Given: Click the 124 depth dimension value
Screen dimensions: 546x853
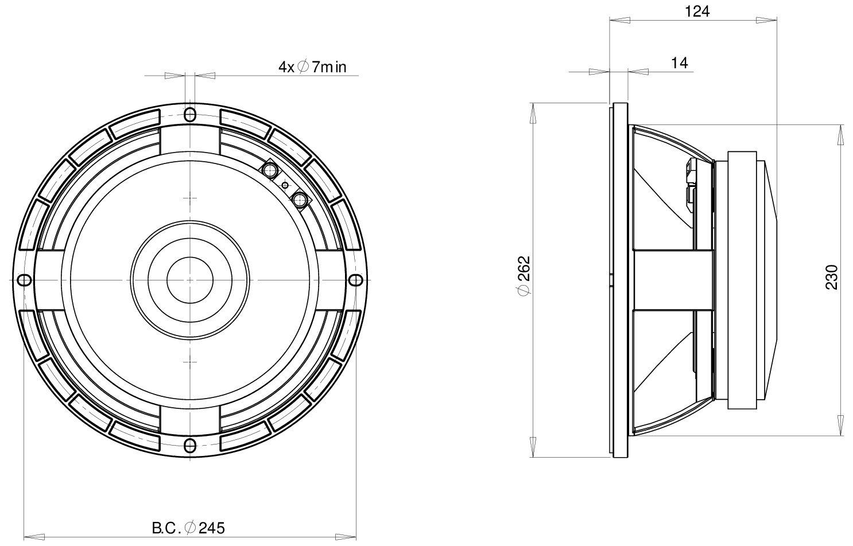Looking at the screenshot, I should (697, 11).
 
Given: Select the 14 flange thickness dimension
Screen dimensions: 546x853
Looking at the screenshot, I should (679, 63).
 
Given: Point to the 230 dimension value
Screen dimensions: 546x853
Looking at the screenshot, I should (832, 277).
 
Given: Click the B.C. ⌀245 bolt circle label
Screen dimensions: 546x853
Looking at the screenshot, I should (188, 528).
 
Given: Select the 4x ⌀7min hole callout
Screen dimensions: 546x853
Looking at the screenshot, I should (312, 67).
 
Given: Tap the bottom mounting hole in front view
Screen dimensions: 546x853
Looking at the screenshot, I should (190, 445).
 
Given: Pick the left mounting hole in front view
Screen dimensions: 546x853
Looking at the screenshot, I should (24, 279).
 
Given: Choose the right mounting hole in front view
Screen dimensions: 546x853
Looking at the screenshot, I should (356, 279).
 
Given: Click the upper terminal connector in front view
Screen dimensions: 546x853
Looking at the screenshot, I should (269, 169).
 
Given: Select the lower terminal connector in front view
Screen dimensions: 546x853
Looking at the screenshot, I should (300, 200).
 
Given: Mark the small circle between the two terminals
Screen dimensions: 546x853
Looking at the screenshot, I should (285, 185).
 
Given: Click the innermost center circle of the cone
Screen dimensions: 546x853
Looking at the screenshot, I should (190, 279).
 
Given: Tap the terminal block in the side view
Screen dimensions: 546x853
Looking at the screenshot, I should (690, 184).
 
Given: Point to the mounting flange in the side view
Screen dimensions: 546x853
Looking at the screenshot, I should (621, 280).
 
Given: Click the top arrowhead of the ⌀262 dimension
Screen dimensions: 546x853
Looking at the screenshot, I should (533, 112).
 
